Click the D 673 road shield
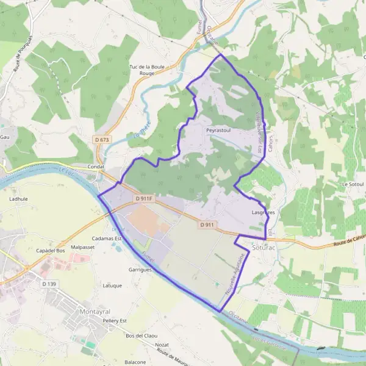click(x=102, y=140)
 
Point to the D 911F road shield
click(x=145, y=198)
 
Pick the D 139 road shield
click(x=49, y=284)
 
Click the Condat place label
click(x=96, y=166)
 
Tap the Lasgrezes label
click(x=264, y=212)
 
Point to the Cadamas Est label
click(x=107, y=239)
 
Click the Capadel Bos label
click(x=51, y=251)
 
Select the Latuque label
click(x=113, y=285)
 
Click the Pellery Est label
click(x=115, y=320)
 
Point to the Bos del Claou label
click(x=137, y=335)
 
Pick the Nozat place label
click(x=162, y=345)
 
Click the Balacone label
click(x=135, y=362)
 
